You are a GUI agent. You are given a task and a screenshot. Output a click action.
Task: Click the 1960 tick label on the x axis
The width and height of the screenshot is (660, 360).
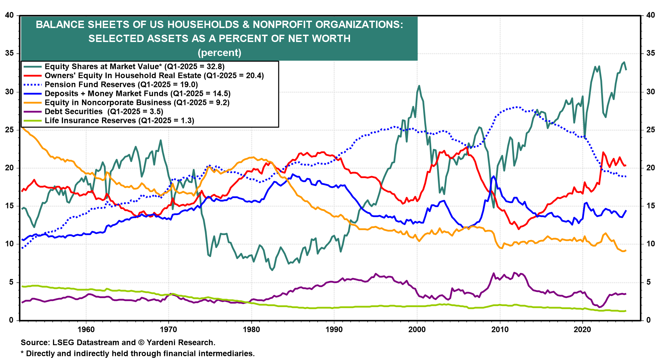coord(86,330)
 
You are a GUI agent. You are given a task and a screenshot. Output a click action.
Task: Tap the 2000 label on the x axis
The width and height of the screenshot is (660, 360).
coord(417,330)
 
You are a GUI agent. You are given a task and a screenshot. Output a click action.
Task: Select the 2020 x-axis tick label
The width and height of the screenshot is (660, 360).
coord(582,330)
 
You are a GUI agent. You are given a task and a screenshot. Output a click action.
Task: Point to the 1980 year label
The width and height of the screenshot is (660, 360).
coord(251,330)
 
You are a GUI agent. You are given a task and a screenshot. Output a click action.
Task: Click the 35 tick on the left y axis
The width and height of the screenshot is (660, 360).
coord(9,53)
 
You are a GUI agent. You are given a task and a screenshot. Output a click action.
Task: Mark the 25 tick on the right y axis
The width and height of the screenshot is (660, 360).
coord(650,130)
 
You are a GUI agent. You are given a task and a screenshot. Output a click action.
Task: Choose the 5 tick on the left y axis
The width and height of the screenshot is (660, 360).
coord(11,282)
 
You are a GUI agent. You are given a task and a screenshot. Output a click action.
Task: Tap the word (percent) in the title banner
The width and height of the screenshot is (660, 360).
coord(219,53)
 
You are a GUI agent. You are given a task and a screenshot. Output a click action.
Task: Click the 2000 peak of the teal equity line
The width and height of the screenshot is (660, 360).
coord(419,86)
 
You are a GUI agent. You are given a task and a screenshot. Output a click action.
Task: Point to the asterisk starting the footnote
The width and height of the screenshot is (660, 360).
coord(22,353)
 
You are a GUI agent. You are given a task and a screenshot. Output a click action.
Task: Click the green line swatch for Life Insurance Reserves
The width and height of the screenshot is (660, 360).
coord(32,121)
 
